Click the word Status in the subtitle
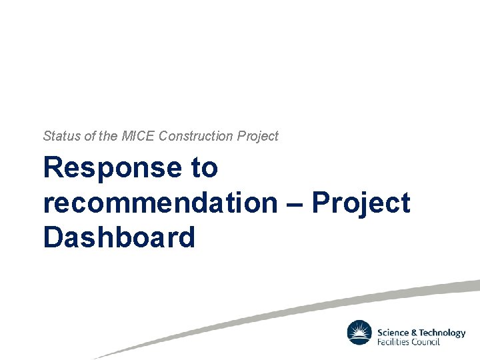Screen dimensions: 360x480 59,136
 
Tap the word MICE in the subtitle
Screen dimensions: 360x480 138,136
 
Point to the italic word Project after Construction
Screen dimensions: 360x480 258,137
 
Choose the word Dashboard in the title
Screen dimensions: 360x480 119,237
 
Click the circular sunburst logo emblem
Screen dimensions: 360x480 359,333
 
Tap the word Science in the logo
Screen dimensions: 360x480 393,333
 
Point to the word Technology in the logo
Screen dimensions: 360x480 443,333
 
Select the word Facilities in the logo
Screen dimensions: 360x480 394,342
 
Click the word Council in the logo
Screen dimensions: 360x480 427,342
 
